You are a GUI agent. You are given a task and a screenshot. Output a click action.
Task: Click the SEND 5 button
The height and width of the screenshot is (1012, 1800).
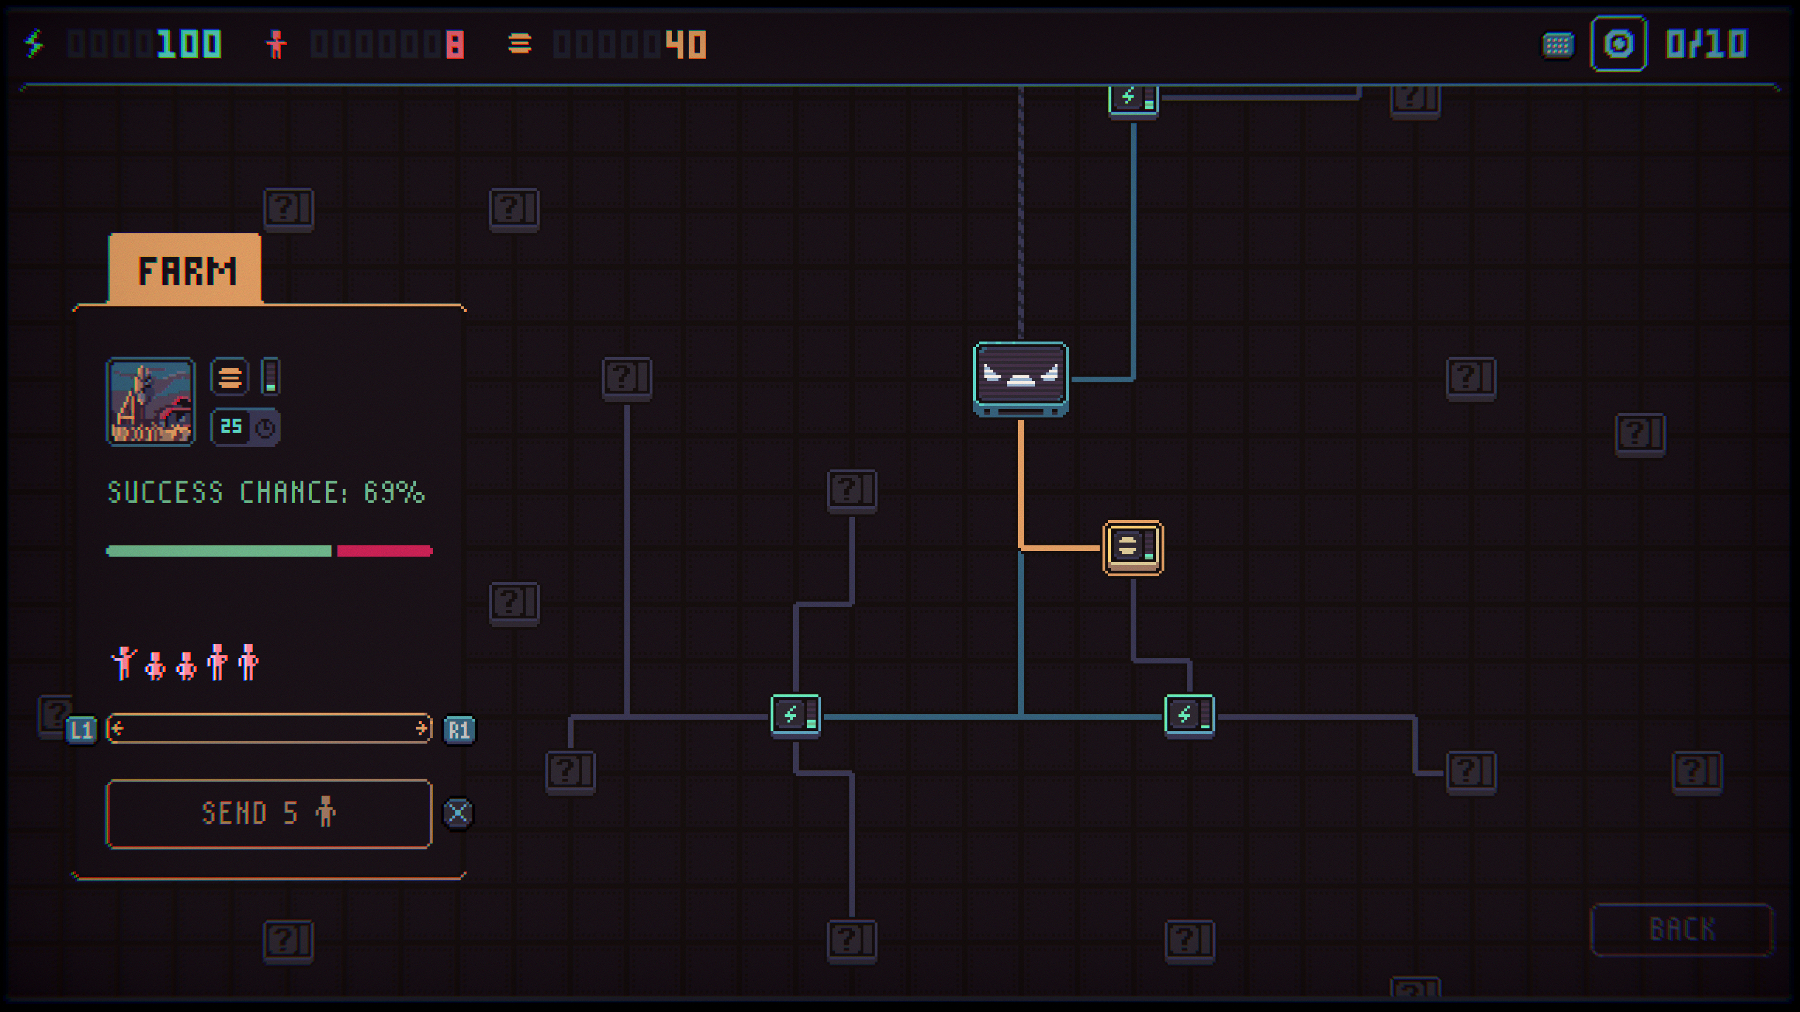coord(269,814)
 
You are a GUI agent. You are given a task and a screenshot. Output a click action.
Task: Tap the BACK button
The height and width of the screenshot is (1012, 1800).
coord(1682,929)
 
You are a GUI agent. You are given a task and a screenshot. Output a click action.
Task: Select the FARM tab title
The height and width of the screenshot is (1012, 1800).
coord(187,271)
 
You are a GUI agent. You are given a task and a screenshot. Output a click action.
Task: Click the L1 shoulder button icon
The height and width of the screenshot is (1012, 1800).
coord(81,730)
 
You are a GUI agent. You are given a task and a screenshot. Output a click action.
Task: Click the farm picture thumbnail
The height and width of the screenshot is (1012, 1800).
coord(150,402)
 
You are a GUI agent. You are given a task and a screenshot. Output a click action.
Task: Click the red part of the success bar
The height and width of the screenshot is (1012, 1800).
coord(385,551)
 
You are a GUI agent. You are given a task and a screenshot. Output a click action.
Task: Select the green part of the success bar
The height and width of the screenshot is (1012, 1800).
coord(219,551)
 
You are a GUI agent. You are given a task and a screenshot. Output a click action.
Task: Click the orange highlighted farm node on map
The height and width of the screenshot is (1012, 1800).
coord(1132,548)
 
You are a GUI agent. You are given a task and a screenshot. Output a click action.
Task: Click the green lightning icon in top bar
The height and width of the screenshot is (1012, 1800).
coord(34,44)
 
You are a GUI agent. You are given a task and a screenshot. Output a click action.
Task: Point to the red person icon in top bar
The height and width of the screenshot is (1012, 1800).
coord(276,44)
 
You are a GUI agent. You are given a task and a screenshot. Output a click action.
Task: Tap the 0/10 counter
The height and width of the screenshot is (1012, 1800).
coord(1706,44)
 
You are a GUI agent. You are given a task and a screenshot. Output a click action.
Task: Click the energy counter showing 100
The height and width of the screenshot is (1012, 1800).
coord(188,44)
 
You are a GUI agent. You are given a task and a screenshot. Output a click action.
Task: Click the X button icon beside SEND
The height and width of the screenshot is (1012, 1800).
coord(458,813)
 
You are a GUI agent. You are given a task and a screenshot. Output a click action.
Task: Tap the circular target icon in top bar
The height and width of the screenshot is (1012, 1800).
coord(1618,44)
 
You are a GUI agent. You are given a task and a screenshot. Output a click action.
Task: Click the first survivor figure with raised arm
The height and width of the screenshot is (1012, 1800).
coord(124,663)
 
